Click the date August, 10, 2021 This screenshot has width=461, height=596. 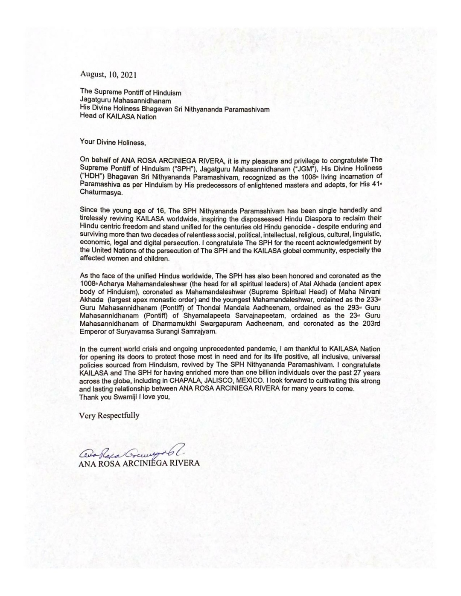click(x=108, y=74)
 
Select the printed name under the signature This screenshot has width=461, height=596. click(x=139, y=463)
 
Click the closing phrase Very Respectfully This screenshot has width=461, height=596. click(x=109, y=416)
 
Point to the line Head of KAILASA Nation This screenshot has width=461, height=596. click(x=118, y=116)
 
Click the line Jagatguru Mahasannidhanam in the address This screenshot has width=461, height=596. click(x=125, y=101)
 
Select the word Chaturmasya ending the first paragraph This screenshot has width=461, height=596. click(x=98, y=193)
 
